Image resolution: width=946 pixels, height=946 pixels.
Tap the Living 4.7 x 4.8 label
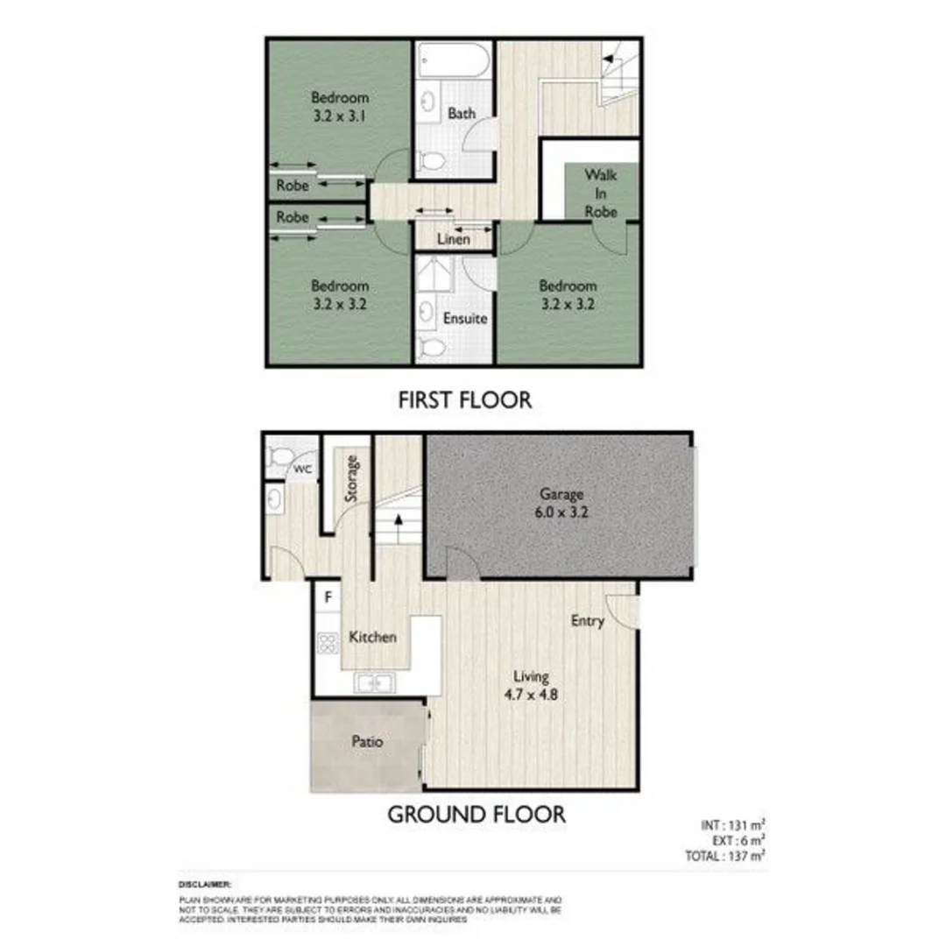(x=532, y=686)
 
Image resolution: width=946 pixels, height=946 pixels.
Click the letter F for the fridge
(x=328, y=598)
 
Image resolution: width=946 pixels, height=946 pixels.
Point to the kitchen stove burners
(x=328, y=644)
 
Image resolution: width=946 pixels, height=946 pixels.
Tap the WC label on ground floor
(x=302, y=469)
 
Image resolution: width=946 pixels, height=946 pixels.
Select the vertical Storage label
(x=352, y=478)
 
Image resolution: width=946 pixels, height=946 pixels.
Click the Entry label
(x=588, y=621)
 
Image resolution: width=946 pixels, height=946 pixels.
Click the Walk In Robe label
(x=602, y=194)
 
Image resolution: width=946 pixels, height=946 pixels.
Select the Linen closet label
(x=453, y=239)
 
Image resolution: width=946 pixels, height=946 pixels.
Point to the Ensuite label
(x=464, y=319)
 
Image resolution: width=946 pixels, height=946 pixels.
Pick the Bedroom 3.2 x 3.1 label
(x=339, y=106)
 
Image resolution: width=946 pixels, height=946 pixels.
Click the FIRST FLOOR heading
(x=464, y=401)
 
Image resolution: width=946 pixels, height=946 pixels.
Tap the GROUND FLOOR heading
(x=477, y=815)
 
